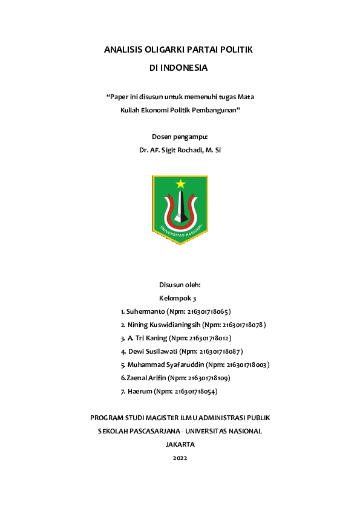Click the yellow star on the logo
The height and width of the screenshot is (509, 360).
[180, 184]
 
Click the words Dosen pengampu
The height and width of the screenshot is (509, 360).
[180, 137]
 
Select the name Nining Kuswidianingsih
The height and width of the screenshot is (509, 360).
[164, 325]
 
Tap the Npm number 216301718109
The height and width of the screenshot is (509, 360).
[208, 378]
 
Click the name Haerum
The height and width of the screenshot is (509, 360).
[139, 392]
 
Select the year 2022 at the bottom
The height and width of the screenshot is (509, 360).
[180, 458]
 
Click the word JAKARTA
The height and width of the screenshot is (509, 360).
[180, 444]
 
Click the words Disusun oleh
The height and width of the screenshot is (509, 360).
[180, 285]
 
